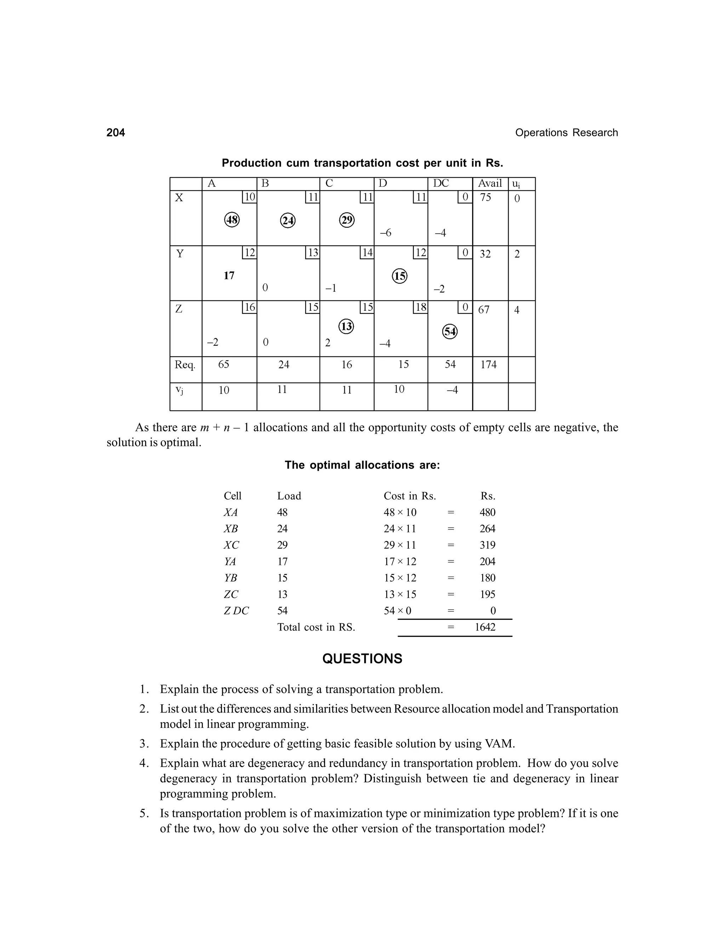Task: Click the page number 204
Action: pyautogui.click(x=115, y=133)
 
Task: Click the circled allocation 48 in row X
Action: pyautogui.click(x=232, y=220)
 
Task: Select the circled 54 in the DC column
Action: pyautogui.click(x=450, y=332)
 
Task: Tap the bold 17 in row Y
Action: pyautogui.click(x=229, y=276)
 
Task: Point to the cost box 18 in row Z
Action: pyautogui.click(x=421, y=307)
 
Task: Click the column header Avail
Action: pyautogui.click(x=490, y=183)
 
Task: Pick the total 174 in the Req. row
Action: pyautogui.click(x=488, y=365)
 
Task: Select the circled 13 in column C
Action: pyautogui.click(x=346, y=327)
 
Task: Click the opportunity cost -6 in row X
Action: pyautogui.click(x=385, y=233)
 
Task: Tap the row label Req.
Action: pyautogui.click(x=185, y=365)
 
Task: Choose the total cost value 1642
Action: pyautogui.click(x=485, y=627)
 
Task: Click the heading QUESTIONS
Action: pyautogui.click(x=362, y=659)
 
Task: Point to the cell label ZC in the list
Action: pyautogui.click(x=231, y=594)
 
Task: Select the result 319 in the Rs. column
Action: pyautogui.click(x=487, y=545)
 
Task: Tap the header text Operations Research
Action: pyautogui.click(x=566, y=133)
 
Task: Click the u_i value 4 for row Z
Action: pyautogui.click(x=517, y=310)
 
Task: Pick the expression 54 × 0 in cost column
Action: pyautogui.click(x=397, y=611)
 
